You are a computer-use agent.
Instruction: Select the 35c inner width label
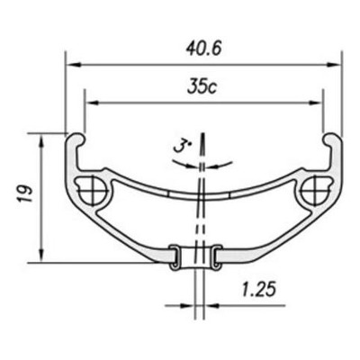(202, 87)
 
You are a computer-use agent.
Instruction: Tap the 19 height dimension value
(25, 193)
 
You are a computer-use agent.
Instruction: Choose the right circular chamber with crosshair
(316, 191)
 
